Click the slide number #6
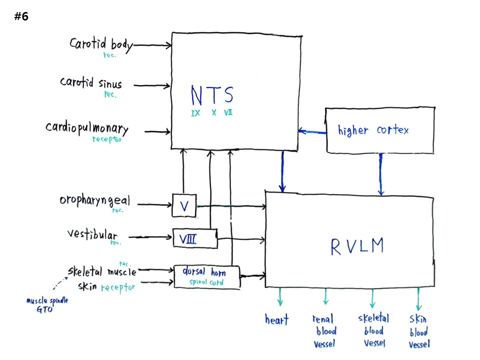coord(21,16)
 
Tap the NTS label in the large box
coord(212,95)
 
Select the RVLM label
coord(357,246)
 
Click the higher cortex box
coord(380,130)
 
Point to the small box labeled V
coord(184,205)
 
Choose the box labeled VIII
coord(194,238)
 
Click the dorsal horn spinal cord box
coord(207,276)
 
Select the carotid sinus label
coord(90,82)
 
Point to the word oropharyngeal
coord(94,201)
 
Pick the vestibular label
coord(92,234)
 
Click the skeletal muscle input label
coord(102,271)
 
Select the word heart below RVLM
coord(276,319)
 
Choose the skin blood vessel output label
coord(419,331)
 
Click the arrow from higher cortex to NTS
coord(312,132)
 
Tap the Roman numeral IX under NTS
coord(195,113)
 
